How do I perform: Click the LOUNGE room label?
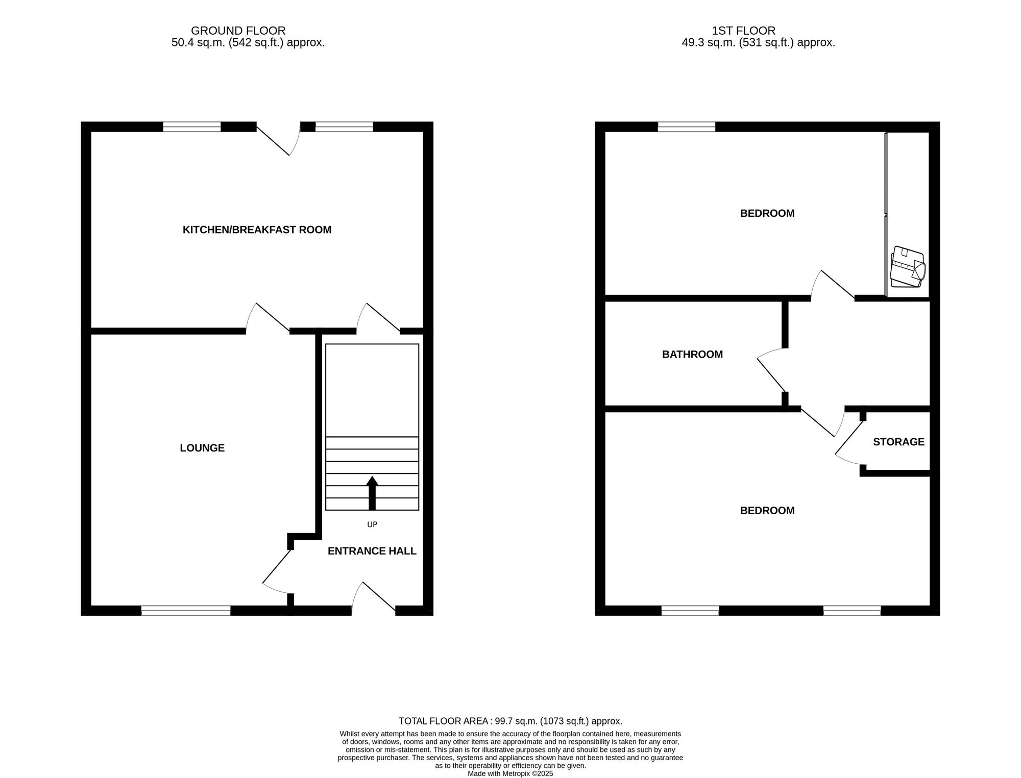tap(202, 448)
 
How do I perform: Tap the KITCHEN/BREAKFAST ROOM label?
tap(257, 230)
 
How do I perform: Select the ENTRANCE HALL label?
tap(372, 551)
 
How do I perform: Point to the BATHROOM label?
tap(692, 354)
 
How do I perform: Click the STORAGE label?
tap(898, 442)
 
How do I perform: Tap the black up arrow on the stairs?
tap(372, 493)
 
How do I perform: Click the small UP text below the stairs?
tap(372, 524)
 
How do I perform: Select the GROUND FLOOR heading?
tap(238, 31)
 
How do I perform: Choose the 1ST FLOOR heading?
tap(743, 31)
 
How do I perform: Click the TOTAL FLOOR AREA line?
tap(510, 721)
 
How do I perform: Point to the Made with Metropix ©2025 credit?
tap(510, 774)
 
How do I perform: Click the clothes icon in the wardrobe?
tap(908, 267)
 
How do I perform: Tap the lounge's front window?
tap(186, 610)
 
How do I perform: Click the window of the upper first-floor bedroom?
tap(687, 127)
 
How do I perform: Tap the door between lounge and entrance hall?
tap(276, 571)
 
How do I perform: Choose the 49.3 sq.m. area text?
tap(758, 43)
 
